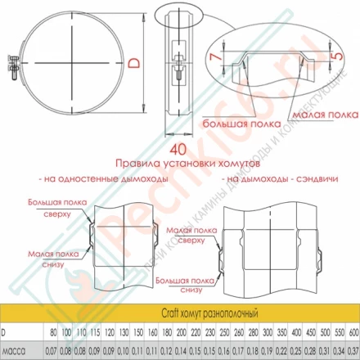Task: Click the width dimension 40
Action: tap(175, 150)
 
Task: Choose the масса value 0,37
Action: tap(352, 349)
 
